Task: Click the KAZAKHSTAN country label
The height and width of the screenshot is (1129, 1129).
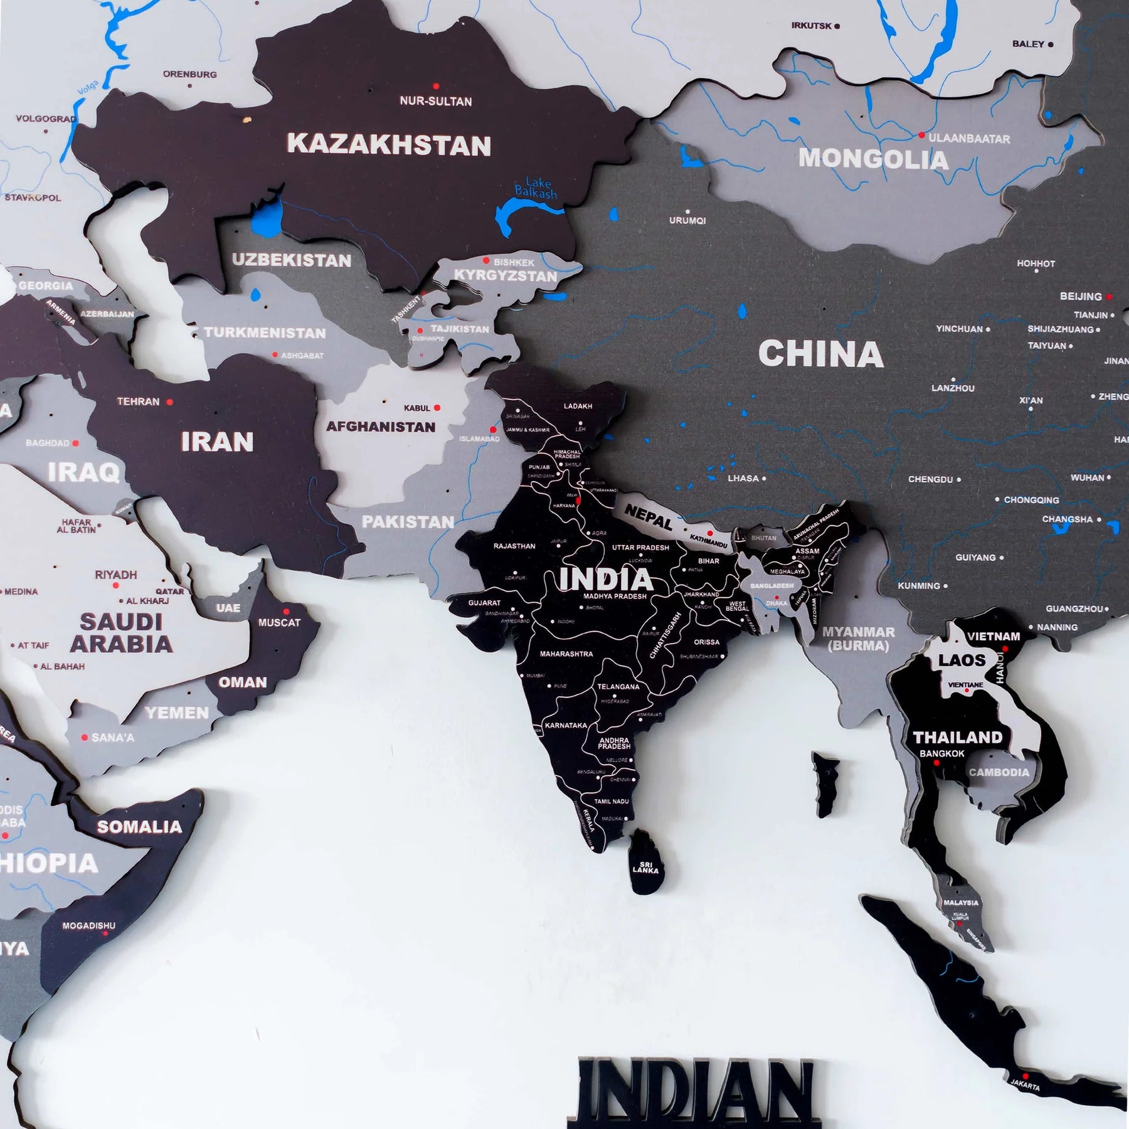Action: coord(389,146)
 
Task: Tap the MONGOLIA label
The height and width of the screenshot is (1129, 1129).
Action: coord(872,159)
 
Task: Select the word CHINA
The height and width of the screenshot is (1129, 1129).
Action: coord(820,354)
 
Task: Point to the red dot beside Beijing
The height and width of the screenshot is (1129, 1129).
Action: coord(1110,297)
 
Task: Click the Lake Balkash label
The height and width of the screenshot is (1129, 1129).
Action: coord(536,189)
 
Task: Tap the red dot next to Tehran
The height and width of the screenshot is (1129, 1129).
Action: coord(169,402)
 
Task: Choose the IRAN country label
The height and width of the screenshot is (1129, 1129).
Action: coord(217,442)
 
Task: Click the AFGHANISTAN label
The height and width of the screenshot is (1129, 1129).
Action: coord(381,427)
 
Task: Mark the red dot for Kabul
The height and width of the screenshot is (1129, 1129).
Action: coord(437,408)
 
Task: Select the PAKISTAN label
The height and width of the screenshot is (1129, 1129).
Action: coord(408,522)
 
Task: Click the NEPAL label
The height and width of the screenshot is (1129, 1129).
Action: coord(649,517)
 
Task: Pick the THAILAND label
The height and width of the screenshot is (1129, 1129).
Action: coord(958,738)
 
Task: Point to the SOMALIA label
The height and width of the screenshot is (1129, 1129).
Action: coord(139,827)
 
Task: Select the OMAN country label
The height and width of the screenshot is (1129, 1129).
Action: coord(243,682)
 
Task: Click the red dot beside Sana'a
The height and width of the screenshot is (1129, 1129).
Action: coord(84,738)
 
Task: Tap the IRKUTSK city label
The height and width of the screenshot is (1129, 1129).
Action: coord(811,26)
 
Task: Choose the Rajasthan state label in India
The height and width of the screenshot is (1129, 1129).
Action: coord(514,546)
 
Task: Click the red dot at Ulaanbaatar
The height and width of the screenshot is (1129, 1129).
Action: coord(921,135)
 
